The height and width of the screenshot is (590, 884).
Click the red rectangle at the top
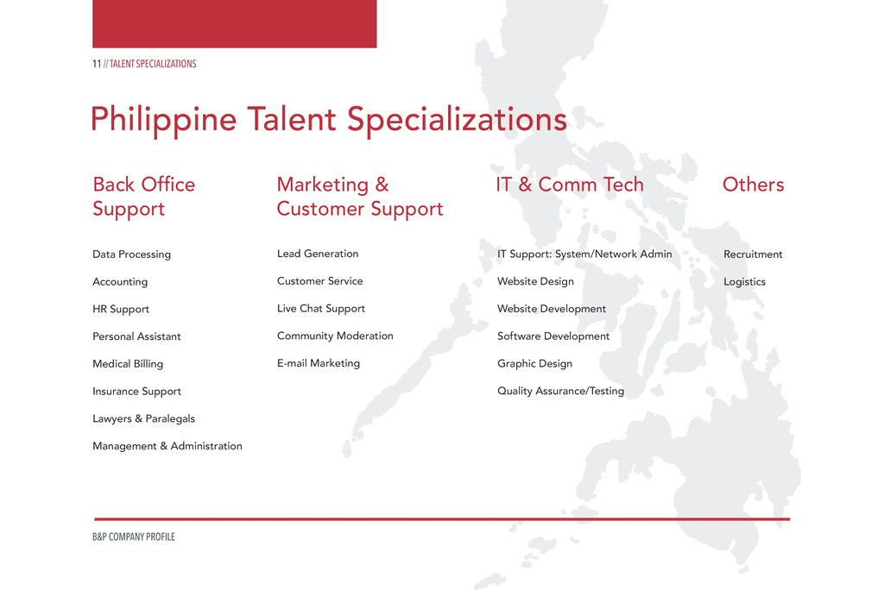point(235,23)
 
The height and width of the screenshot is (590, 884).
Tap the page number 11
point(97,64)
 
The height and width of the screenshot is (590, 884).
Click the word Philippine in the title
point(163,120)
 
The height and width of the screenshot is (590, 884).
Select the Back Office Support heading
point(144,196)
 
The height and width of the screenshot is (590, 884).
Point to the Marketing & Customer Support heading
point(360,196)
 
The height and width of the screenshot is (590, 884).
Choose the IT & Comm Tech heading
point(570,185)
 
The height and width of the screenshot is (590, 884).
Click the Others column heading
point(753,185)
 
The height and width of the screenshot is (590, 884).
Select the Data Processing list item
point(131,254)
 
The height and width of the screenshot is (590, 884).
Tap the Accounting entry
point(120,282)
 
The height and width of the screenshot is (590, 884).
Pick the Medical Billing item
point(128,364)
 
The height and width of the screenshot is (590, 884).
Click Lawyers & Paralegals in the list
point(144,418)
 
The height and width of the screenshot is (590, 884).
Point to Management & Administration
point(167,446)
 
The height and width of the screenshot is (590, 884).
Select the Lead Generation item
point(318,254)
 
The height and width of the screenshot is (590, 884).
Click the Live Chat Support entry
point(321,309)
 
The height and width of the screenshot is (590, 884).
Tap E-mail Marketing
point(318,363)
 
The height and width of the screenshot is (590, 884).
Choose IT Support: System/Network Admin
point(584,254)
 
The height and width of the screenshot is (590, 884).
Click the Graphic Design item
point(534,363)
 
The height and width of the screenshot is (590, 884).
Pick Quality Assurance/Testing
point(560,391)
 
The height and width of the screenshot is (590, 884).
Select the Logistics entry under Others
point(744,282)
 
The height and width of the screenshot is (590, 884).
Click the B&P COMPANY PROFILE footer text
point(134,537)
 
